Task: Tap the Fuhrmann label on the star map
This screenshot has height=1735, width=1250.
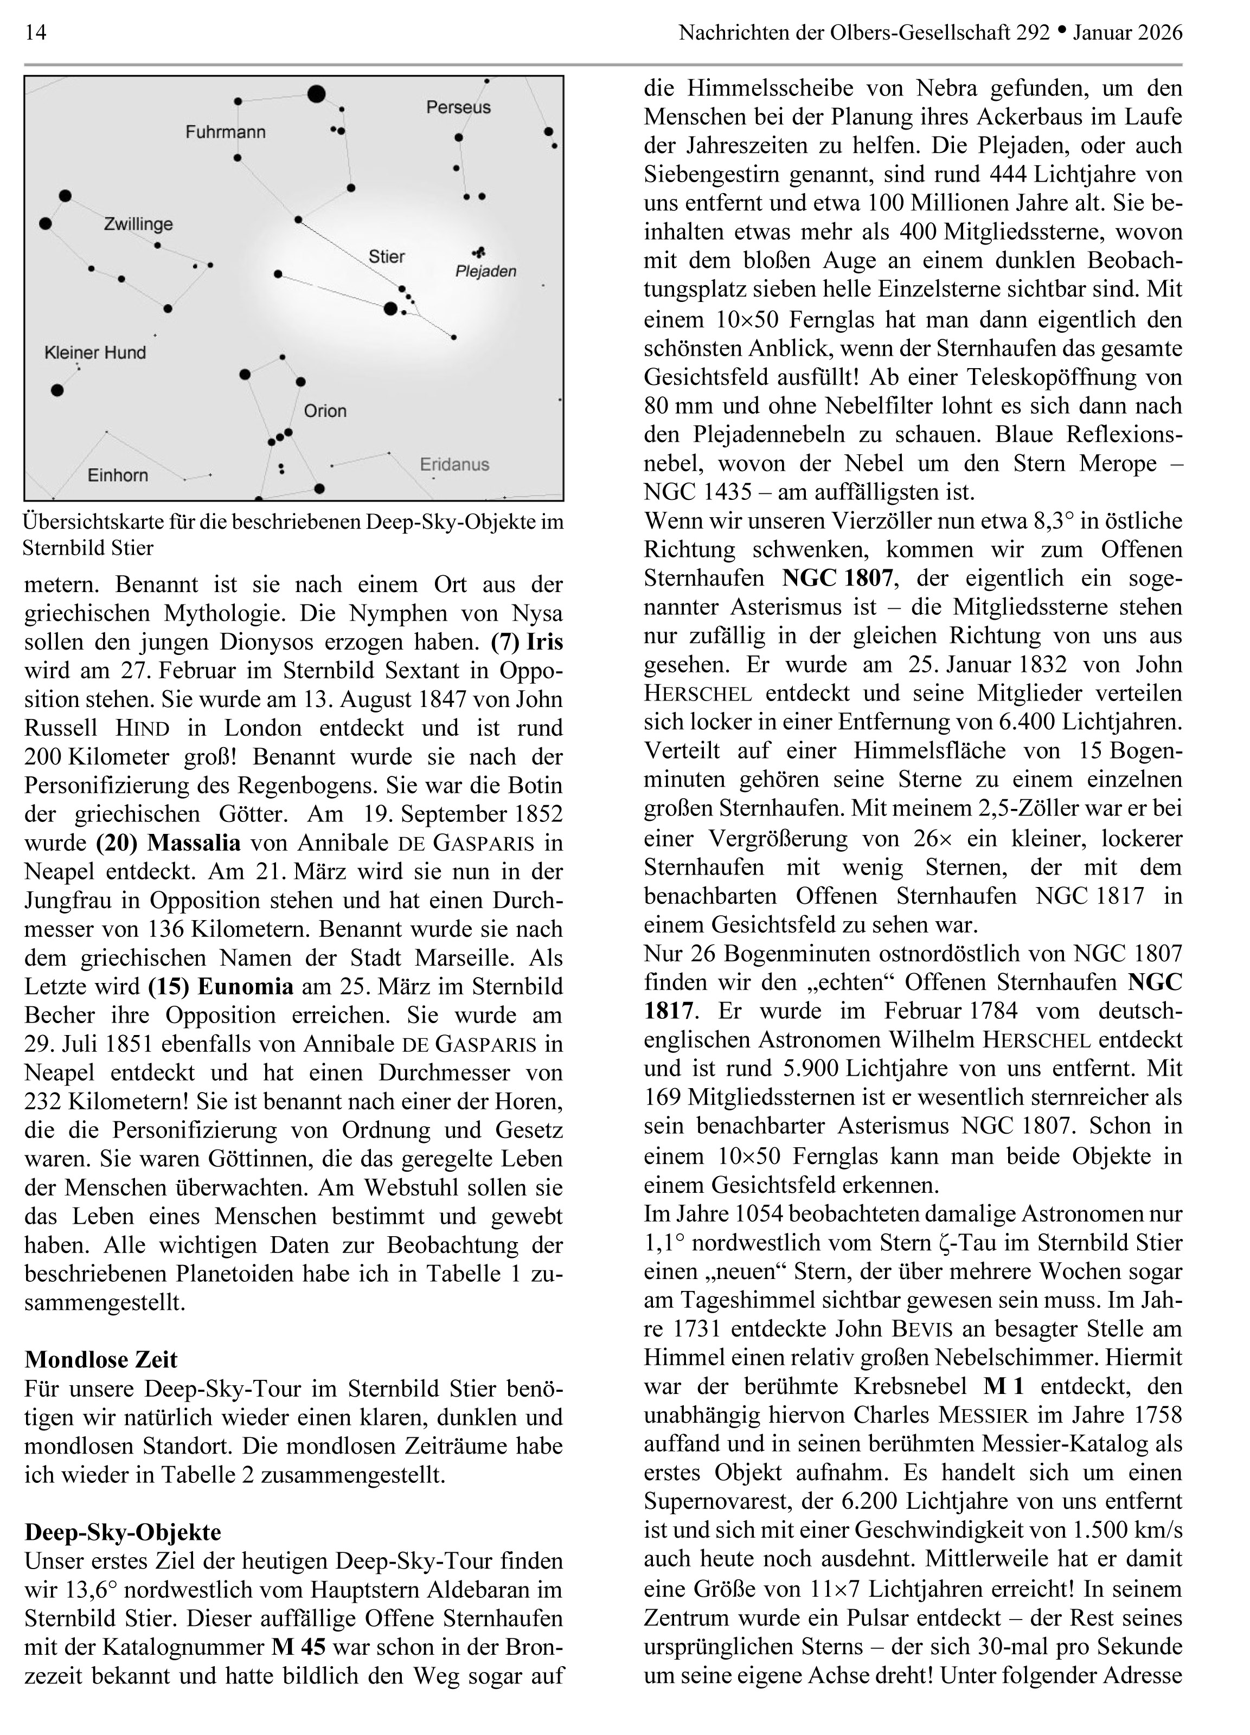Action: [226, 132]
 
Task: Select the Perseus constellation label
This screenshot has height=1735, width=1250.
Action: [458, 107]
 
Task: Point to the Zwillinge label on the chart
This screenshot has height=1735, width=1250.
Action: [138, 224]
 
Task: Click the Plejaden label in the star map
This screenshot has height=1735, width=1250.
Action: [486, 272]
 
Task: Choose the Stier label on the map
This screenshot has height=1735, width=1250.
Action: [386, 257]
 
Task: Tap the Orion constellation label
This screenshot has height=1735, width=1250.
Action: [325, 412]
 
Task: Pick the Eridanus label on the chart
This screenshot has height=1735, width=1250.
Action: [454, 464]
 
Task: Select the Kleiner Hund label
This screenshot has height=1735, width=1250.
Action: [95, 352]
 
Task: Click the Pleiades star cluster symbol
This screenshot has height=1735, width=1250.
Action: [479, 252]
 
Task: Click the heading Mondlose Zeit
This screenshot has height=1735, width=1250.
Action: [101, 1359]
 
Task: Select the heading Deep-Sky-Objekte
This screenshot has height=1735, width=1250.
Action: [123, 1532]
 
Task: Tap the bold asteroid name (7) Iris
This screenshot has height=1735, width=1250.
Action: [527, 642]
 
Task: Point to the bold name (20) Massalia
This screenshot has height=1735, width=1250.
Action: [168, 843]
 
